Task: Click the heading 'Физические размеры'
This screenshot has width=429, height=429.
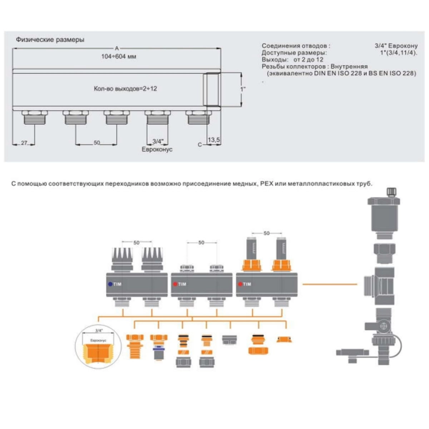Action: point(50,40)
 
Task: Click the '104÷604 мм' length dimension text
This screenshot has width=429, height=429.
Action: point(118,56)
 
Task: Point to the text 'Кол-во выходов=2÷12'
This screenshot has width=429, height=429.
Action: point(125,89)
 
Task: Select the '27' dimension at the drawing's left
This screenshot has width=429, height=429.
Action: point(24,143)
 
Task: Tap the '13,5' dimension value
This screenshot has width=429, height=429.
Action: point(214,140)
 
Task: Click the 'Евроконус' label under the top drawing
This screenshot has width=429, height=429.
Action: point(157,149)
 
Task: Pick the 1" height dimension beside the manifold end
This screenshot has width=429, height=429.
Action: point(243,89)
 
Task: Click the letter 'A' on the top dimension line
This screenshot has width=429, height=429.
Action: point(117,48)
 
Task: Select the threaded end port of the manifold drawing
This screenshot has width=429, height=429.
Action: point(212,89)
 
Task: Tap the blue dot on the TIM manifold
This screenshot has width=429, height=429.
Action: point(110,284)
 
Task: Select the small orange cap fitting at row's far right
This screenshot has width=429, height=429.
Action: point(284,339)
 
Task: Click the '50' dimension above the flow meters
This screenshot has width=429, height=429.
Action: point(266,233)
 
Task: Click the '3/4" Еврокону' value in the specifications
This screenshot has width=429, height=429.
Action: point(396,46)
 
